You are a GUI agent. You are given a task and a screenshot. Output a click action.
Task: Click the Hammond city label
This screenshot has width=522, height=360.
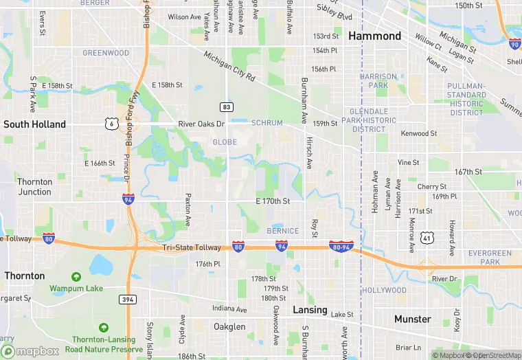click(374, 36)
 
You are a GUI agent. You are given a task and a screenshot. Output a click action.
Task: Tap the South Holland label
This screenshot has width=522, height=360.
click(34, 124)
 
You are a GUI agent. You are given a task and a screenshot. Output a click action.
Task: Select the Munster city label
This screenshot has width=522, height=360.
click(412, 319)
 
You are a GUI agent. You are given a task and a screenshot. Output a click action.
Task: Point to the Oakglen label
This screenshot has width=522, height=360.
click(229, 326)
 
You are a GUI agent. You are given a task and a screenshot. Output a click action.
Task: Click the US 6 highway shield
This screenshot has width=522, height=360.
click(111, 124)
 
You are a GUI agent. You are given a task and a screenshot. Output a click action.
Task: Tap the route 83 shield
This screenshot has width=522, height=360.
click(226, 106)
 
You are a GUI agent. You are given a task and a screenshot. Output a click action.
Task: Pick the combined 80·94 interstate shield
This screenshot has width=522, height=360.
click(341, 246)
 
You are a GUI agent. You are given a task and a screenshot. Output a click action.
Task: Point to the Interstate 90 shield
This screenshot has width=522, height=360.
click(515, 45)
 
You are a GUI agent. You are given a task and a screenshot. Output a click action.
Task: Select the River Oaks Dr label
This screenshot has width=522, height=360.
click(201, 124)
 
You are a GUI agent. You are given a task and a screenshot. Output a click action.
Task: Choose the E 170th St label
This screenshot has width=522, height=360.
click(273, 201)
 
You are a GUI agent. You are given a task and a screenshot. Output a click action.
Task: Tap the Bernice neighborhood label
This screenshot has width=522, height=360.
click(283, 231)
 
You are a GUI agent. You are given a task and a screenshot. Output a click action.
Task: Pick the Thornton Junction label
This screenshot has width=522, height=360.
click(34, 187)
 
